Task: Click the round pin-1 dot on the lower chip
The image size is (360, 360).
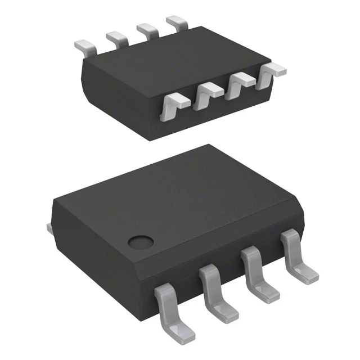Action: (140, 242)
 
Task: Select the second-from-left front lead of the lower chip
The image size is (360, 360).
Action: (214, 294)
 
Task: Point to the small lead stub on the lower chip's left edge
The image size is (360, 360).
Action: (48, 227)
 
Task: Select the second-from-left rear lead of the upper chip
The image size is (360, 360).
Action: (116, 38)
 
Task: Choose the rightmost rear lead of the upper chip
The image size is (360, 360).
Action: (177, 22)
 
